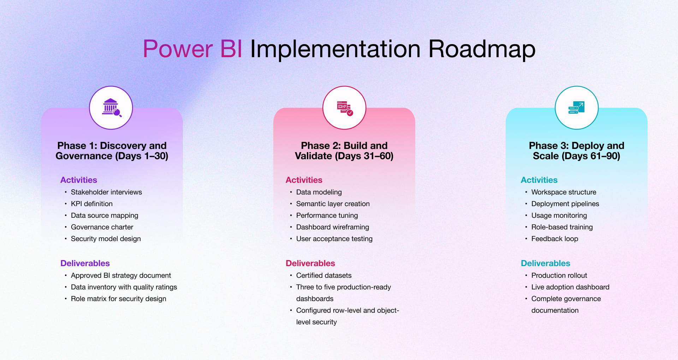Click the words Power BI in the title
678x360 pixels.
point(192,49)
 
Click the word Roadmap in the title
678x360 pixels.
point(482,49)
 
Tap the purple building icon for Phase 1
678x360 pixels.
point(111,108)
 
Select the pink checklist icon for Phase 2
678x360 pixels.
point(344,108)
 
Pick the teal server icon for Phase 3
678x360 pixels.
point(576,108)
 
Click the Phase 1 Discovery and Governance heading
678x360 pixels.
point(112,151)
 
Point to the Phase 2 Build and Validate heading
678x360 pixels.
point(344,151)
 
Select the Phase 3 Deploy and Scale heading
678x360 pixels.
point(576,151)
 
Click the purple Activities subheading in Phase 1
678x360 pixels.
point(79,180)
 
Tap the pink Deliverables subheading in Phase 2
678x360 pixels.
point(310,263)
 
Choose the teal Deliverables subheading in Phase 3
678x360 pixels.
point(545,263)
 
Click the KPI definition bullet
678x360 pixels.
point(91,204)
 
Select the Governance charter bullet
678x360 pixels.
point(102,227)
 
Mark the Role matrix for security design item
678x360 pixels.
point(118,299)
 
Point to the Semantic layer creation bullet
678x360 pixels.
point(333,204)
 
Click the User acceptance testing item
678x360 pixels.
point(334,239)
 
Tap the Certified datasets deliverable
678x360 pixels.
point(324,275)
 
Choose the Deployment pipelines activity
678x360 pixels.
point(565,204)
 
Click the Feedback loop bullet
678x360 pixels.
point(554,239)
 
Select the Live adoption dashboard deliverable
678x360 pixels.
point(570,287)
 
